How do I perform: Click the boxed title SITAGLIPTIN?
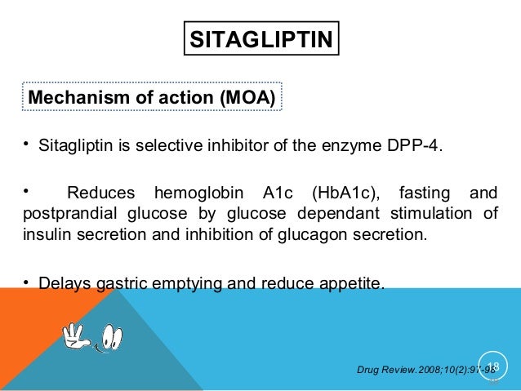click(x=260, y=39)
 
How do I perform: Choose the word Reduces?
click(x=102, y=194)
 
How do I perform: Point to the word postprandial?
click(x=66, y=215)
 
